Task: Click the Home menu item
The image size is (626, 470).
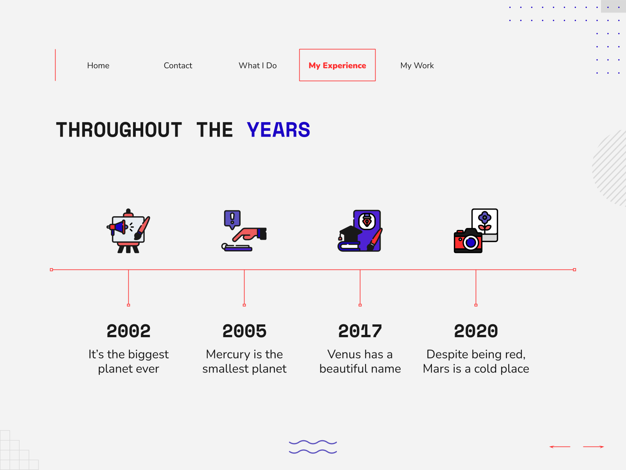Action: pyautogui.click(x=98, y=66)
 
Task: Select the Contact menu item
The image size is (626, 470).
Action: pyautogui.click(x=178, y=66)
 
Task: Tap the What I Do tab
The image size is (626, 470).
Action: pyautogui.click(x=257, y=66)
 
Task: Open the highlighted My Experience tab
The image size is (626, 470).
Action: pyautogui.click(x=337, y=65)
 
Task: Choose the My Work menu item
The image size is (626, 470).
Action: pyautogui.click(x=417, y=66)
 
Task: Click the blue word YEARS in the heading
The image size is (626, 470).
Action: pyautogui.click(x=278, y=130)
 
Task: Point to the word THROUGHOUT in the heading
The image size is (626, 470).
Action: pyautogui.click(x=119, y=130)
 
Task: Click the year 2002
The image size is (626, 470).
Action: pyautogui.click(x=128, y=331)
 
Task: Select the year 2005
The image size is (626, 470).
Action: pyautogui.click(x=245, y=331)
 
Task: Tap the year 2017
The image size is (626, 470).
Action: pyautogui.click(x=360, y=331)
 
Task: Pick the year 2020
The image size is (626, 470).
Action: pyautogui.click(x=476, y=331)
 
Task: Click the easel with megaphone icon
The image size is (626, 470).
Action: pyautogui.click(x=128, y=231)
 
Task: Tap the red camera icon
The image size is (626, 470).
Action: pyautogui.click(x=468, y=240)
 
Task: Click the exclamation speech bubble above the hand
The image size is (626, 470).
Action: pyautogui.click(x=232, y=219)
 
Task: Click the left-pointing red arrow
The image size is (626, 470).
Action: pyautogui.click(x=560, y=446)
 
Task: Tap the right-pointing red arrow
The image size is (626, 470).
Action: pyautogui.click(x=594, y=446)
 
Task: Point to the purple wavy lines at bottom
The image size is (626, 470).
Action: pyautogui.click(x=313, y=447)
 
